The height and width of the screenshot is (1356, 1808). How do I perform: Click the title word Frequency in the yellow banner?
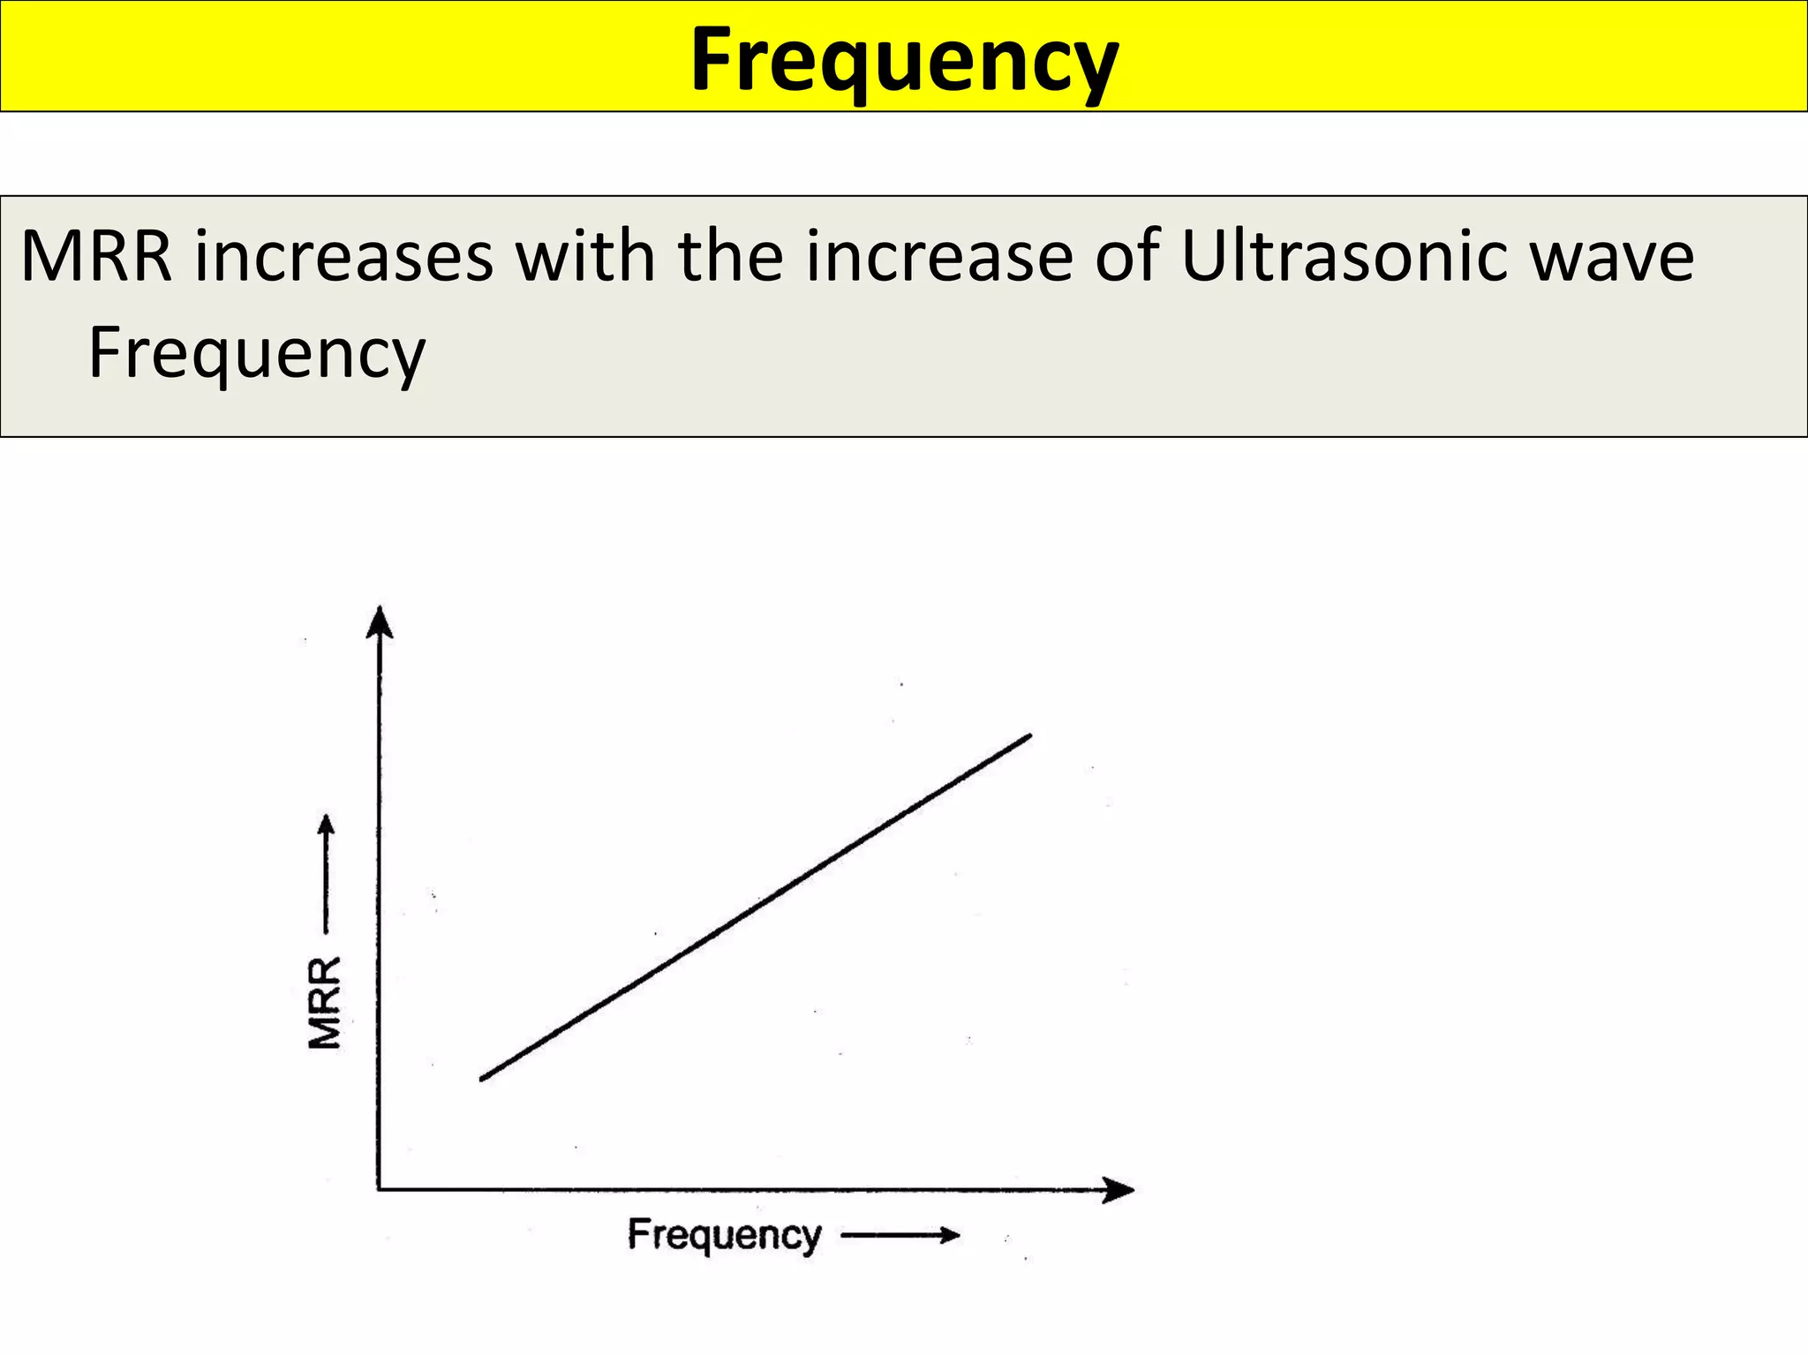904,60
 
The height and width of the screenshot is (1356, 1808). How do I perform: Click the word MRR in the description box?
96,257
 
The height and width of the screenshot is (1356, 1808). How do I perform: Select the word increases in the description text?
344,257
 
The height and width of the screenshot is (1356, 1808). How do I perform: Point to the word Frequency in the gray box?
257,353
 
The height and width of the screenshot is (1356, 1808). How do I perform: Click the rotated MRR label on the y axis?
325,1003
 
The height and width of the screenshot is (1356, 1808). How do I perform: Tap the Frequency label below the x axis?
725,1235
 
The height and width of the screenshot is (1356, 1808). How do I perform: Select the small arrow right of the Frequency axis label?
900,1235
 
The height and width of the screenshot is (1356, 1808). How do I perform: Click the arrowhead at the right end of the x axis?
1119,1190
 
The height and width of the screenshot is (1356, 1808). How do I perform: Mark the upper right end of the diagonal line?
1028,735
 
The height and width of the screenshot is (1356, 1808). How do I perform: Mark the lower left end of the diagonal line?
483,1078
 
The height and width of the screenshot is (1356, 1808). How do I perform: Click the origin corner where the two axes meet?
380,1189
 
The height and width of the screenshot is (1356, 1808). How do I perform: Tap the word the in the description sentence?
730,257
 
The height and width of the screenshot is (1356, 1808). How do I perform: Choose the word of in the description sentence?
1126,257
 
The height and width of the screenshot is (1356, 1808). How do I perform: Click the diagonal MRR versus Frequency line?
756,907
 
